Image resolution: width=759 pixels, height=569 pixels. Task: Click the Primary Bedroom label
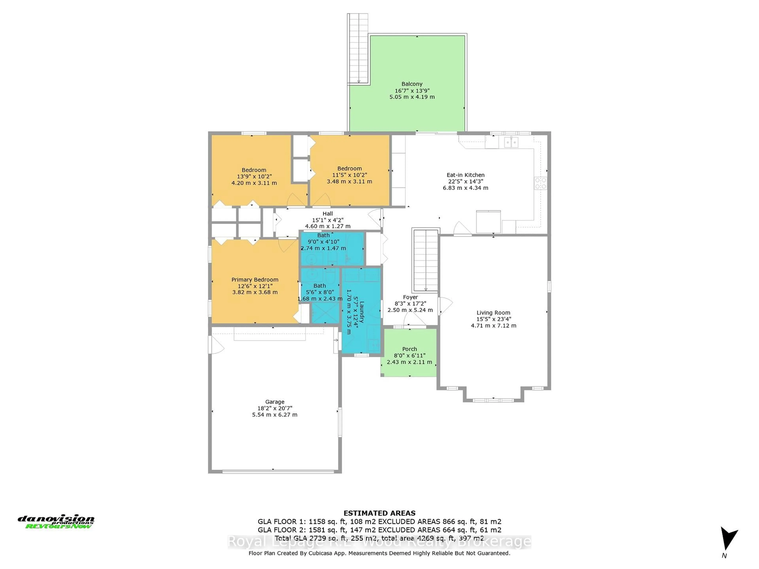pos(255,280)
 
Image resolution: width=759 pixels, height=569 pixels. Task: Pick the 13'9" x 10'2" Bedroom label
pos(254,170)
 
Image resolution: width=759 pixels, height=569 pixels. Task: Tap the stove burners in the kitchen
pos(540,183)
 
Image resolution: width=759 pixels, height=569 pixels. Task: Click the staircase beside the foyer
pos(426,261)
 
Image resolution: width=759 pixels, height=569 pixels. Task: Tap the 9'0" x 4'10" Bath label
pos(323,235)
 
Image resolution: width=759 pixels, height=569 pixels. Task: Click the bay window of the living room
pos(493,400)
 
